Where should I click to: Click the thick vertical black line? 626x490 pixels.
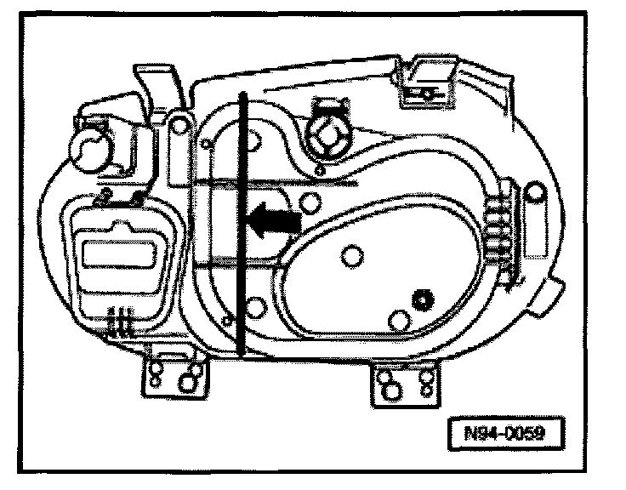(243, 221)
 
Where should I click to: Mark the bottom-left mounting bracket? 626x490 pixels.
(174, 372)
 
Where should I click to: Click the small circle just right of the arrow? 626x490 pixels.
(311, 202)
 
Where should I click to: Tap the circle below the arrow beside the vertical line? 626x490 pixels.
(256, 305)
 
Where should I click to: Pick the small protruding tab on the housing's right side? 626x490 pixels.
(555, 293)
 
